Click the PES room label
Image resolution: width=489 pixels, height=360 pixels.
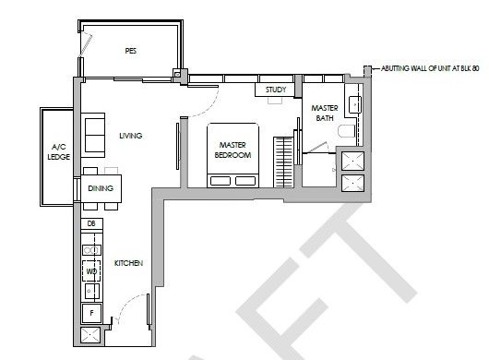coord(131,51)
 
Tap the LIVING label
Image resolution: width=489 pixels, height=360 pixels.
coord(131,136)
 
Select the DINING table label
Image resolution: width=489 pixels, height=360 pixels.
coord(101,188)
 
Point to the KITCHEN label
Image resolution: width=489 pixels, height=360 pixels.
coord(128,263)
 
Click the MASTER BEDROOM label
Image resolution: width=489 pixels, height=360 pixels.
coord(233,150)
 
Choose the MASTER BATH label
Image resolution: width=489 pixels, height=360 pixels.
coord(325,113)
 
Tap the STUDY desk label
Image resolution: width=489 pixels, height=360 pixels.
coord(276,90)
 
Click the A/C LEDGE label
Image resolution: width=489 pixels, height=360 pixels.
coord(59,152)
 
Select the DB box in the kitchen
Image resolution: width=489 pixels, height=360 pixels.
coord(91,223)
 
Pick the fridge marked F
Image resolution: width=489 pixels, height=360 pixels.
coord(91,313)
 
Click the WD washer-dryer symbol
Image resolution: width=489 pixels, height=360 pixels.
coord(91,271)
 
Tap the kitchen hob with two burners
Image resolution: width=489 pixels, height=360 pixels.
coord(91,250)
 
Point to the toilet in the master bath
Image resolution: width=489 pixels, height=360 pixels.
coord(347,131)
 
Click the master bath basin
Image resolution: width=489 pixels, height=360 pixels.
coord(355,104)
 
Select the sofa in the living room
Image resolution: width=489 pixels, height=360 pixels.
coord(93,136)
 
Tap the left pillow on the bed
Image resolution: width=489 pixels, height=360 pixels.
coord(221,181)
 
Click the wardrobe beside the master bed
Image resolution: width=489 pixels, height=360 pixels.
coord(283,162)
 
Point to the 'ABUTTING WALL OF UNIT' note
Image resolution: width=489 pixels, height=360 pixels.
coord(430,68)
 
